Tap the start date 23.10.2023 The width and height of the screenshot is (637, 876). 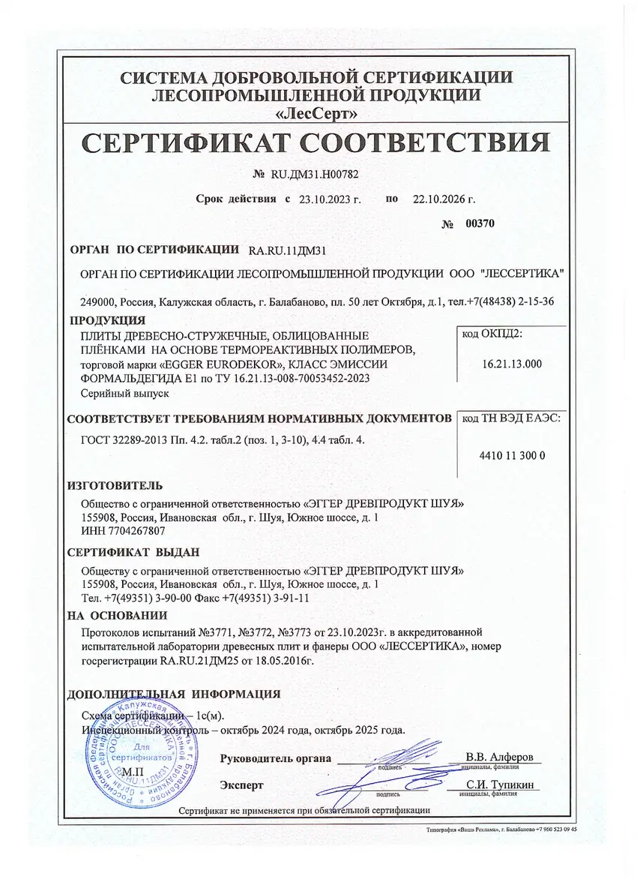point(330,199)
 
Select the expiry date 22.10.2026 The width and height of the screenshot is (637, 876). point(444,199)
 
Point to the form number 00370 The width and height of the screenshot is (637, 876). point(480,223)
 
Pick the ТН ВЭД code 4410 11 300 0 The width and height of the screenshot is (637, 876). point(511,455)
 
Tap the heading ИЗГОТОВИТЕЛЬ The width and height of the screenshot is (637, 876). point(115,486)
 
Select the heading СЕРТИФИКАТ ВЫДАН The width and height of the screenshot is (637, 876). point(133,552)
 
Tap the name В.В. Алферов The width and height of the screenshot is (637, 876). point(499,757)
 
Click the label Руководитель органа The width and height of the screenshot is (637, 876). point(275,758)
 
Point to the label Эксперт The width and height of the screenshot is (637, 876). point(241,785)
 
